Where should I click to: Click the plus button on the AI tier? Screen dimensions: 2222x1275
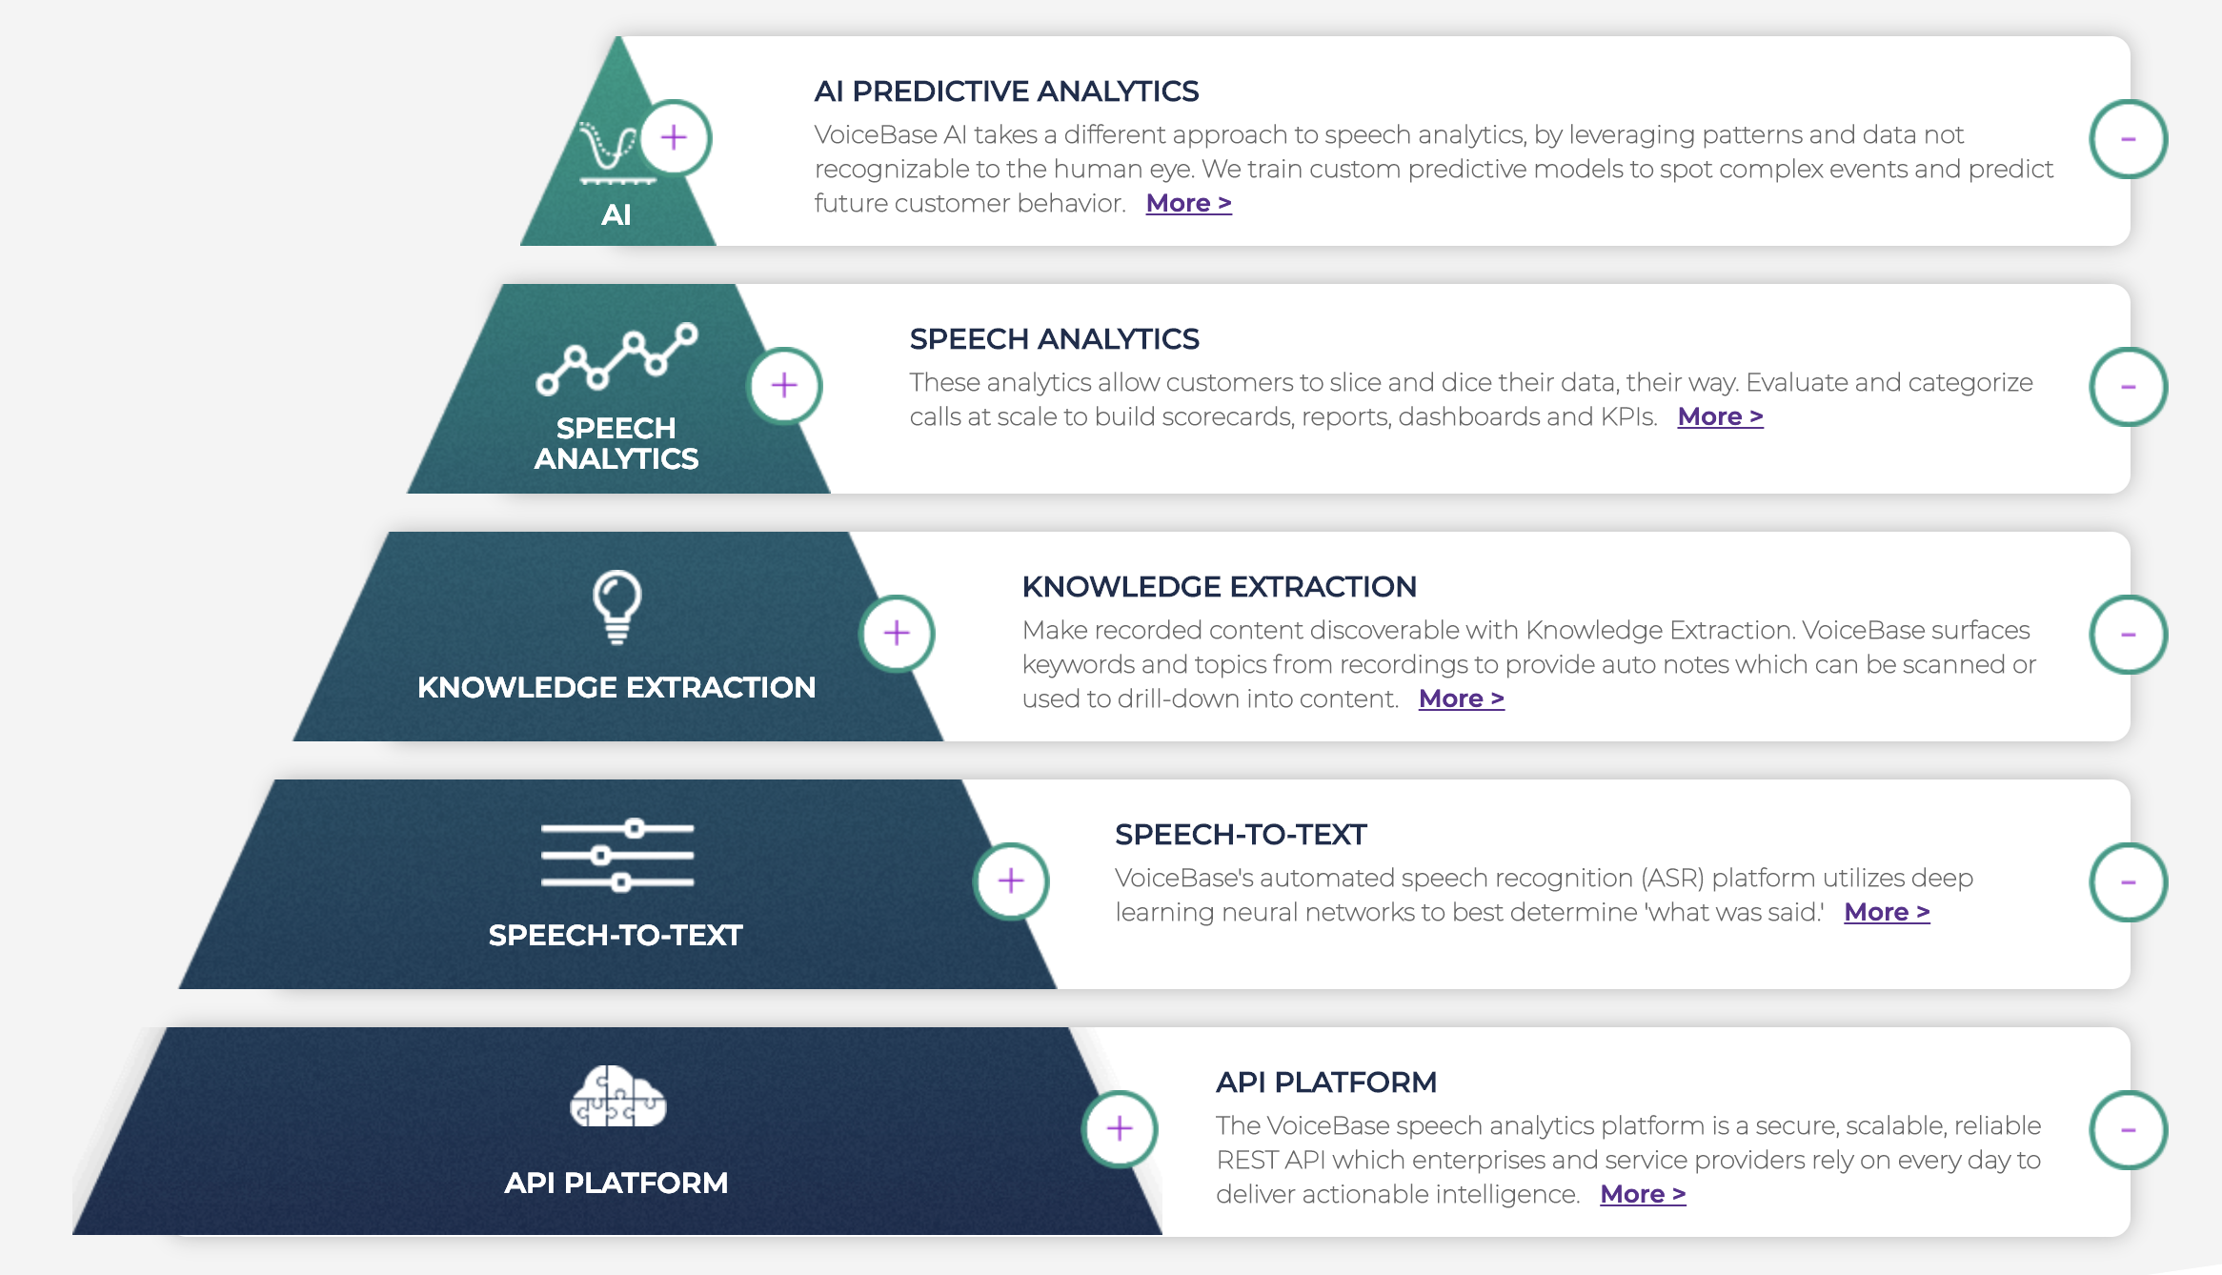(x=675, y=138)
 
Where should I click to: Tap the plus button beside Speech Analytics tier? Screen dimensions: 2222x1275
(x=784, y=386)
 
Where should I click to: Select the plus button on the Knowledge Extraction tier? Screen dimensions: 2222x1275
(x=897, y=634)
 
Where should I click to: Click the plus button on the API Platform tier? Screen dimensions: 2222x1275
(x=1120, y=1129)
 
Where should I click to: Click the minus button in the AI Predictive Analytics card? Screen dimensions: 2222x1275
(x=2129, y=139)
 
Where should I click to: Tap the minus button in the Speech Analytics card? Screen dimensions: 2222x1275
(x=2129, y=387)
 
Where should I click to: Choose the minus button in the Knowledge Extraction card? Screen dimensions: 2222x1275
(x=2129, y=635)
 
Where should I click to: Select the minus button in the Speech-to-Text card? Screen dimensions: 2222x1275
(x=2129, y=882)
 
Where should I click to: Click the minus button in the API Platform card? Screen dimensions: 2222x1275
(x=2129, y=1130)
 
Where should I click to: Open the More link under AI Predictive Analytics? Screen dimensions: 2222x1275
(x=1189, y=203)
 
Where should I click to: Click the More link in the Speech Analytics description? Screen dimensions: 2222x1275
(x=1721, y=416)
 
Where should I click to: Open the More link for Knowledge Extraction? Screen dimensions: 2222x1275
(x=1462, y=698)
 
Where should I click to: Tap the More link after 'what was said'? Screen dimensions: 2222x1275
(x=1888, y=912)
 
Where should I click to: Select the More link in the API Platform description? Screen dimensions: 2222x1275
(x=1644, y=1194)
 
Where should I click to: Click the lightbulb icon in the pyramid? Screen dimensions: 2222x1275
(x=617, y=607)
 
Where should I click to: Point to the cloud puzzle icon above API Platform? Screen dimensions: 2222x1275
(x=618, y=1097)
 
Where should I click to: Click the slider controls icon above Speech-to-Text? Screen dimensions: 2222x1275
(x=617, y=856)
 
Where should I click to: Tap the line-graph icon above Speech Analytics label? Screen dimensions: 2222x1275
(x=617, y=358)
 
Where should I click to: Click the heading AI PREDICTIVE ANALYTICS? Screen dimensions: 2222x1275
(x=1006, y=91)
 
